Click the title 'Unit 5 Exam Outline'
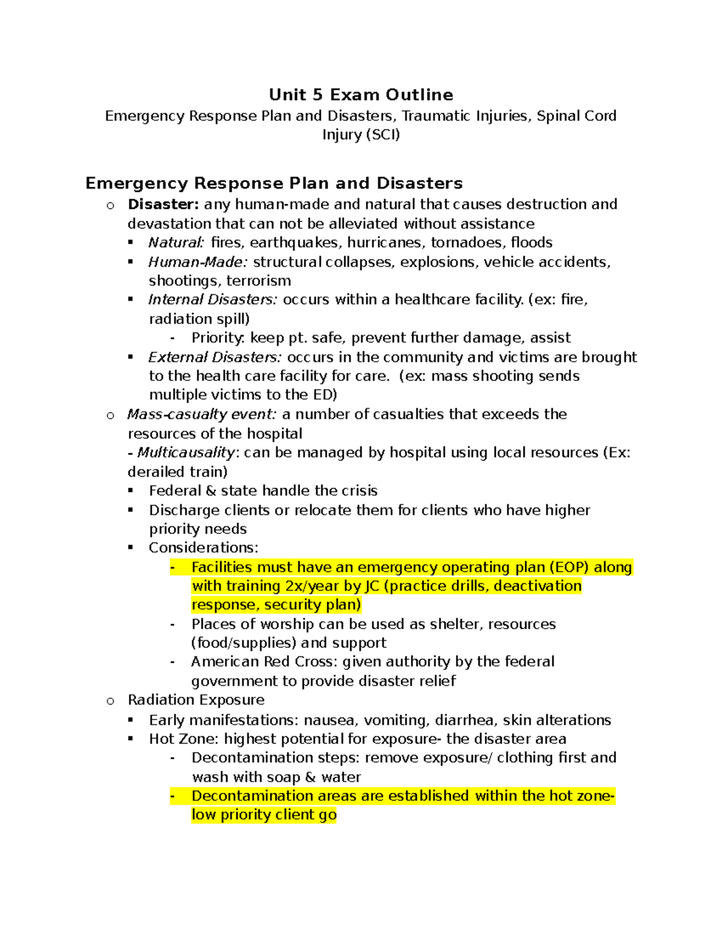(x=361, y=95)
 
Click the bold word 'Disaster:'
(x=163, y=204)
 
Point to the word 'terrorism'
(x=259, y=281)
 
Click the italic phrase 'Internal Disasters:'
(x=212, y=300)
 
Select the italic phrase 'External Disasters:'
(x=215, y=357)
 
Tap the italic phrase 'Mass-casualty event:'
(x=202, y=414)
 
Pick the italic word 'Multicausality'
(x=185, y=452)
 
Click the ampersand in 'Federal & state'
(x=211, y=491)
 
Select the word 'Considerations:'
(x=203, y=548)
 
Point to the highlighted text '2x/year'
(x=312, y=586)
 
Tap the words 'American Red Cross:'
(x=264, y=662)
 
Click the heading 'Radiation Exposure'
(x=196, y=700)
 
